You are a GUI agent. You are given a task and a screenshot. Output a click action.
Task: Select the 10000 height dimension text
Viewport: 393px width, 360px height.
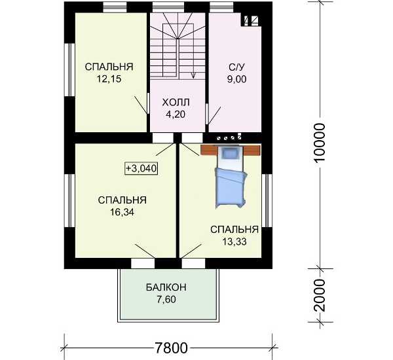[320, 143]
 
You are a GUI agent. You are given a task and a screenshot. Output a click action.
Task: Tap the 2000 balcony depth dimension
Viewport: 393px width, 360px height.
[320, 296]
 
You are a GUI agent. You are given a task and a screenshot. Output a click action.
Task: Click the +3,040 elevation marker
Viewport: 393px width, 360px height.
[141, 168]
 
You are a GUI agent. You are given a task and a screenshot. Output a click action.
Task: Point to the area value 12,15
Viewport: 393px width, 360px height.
[109, 79]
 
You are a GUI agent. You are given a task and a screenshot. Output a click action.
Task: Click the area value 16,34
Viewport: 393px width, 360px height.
[122, 213]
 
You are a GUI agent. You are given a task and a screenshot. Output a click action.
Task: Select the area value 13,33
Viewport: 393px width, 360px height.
[234, 242]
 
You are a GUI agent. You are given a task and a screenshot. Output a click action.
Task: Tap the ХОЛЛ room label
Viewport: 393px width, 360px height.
[176, 103]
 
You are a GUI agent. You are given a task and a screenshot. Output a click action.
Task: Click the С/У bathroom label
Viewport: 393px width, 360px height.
[236, 67]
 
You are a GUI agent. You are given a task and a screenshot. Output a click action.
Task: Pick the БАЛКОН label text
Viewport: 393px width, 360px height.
[166, 287]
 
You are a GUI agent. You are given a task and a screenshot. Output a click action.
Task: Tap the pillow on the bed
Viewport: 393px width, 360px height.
[230, 153]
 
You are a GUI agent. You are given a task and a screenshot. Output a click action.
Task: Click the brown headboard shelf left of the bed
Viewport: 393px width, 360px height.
[209, 150]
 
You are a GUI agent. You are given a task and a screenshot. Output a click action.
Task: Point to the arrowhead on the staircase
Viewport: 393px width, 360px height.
[193, 75]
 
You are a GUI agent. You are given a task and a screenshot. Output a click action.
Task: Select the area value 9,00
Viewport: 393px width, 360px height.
[236, 79]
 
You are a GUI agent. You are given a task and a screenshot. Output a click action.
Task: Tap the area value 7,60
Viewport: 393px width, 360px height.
[166, 300]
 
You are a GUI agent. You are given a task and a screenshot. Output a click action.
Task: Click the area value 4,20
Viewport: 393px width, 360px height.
[176, 115]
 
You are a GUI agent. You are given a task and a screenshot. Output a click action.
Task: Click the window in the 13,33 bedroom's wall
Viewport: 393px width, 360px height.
[267, 200]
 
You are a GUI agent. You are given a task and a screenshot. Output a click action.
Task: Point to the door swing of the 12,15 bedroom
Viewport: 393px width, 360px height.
[141, 105]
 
